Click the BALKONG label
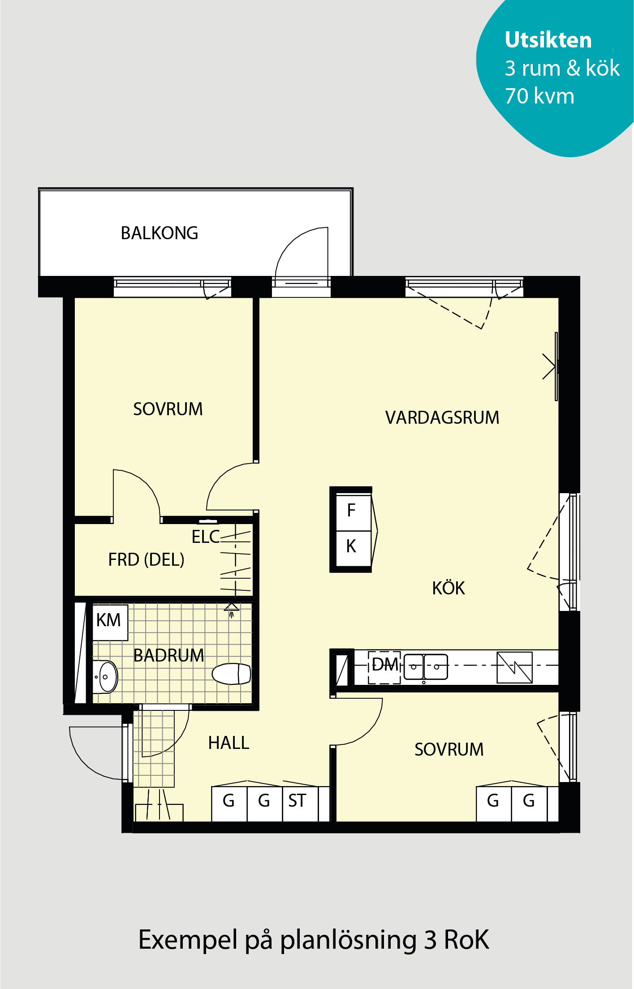click(160, 233)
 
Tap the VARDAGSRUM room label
click(442, 417)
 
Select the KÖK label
click(449, 588)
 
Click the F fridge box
click(353, 512)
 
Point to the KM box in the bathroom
click(110, 622)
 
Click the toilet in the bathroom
click(231, 674)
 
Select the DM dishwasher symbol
click(384, 667)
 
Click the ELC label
click(206, 537)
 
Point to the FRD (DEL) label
click(147, 559)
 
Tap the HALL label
click(229, 743)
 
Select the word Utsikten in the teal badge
click(548, 40)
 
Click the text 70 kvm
click(539, 96)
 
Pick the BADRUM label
click(169, 655)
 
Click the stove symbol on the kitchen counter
click(514, 667)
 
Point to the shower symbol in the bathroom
click(231, 609)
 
